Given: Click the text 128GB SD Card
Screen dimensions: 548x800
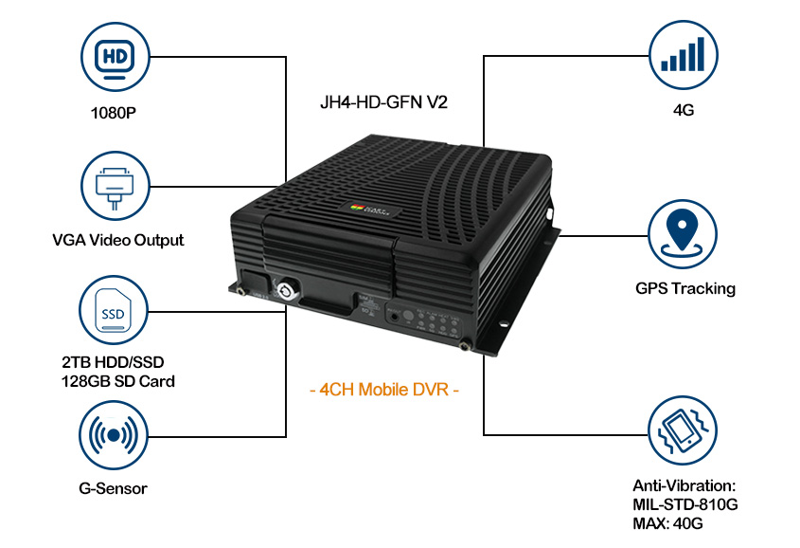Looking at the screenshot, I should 117,380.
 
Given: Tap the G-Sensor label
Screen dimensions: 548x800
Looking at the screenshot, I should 114,489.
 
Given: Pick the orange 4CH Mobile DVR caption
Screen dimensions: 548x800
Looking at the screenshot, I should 384,390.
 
